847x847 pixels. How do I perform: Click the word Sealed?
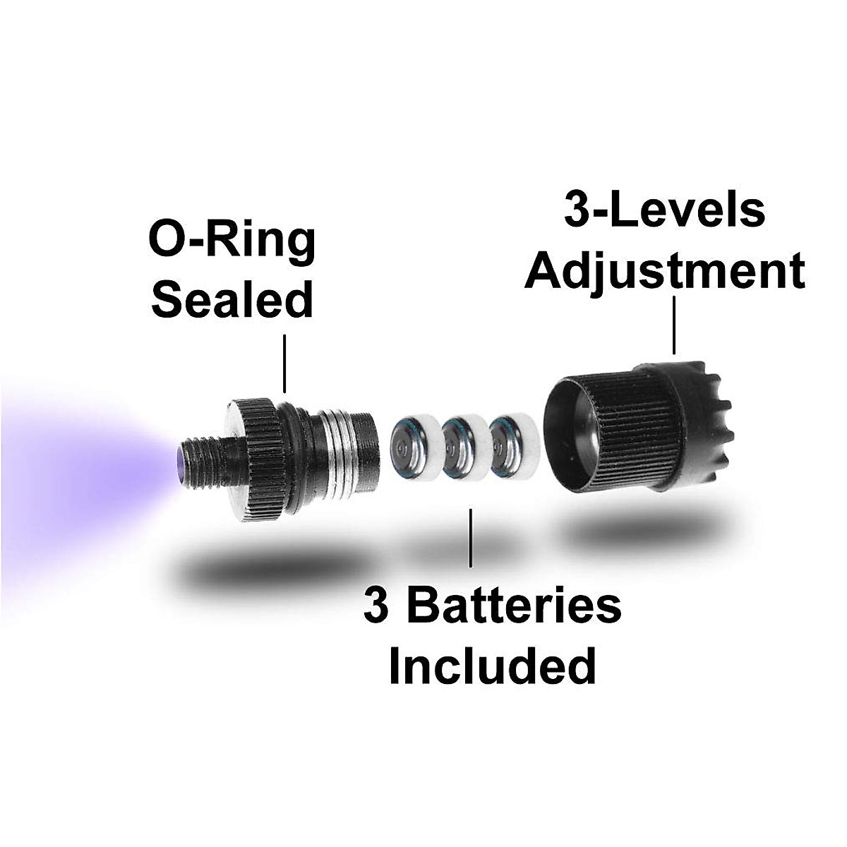[232, 300]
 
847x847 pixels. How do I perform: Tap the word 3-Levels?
[663, 210]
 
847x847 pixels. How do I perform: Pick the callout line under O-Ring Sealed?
[284, 363]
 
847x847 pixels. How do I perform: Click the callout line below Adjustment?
[675, 325]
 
